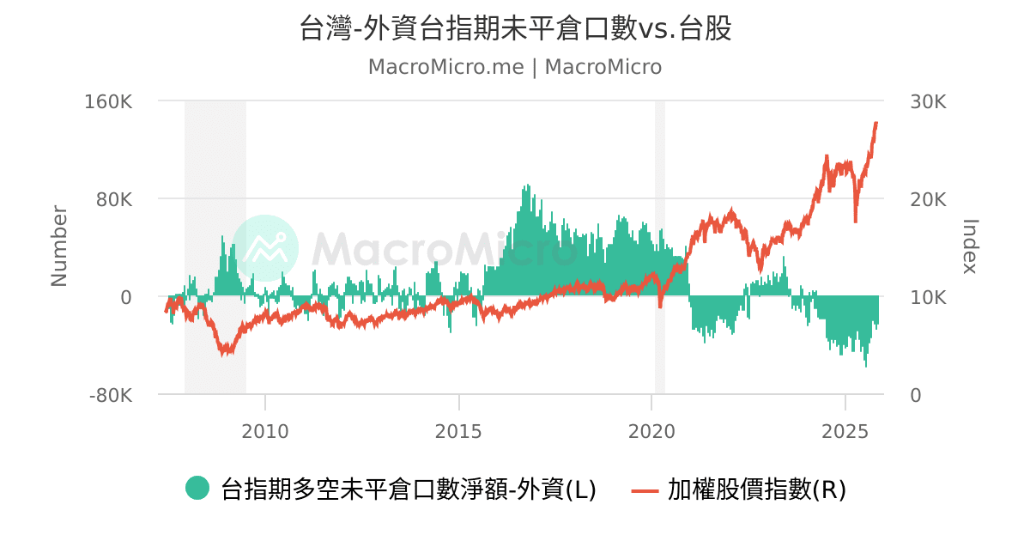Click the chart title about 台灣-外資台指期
pos(515,28)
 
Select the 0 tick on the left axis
pos(126,297)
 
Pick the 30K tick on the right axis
pos(928,101)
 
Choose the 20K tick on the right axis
pos(928,199)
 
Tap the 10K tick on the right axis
pos(928,297)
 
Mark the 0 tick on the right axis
pos(916,395)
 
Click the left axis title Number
pos(58,246)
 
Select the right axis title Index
pos(970,246)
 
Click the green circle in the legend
pos(197,489)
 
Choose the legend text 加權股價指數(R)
pos(757,489)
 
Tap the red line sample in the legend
pos(645,490)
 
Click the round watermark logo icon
pos(266,247)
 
